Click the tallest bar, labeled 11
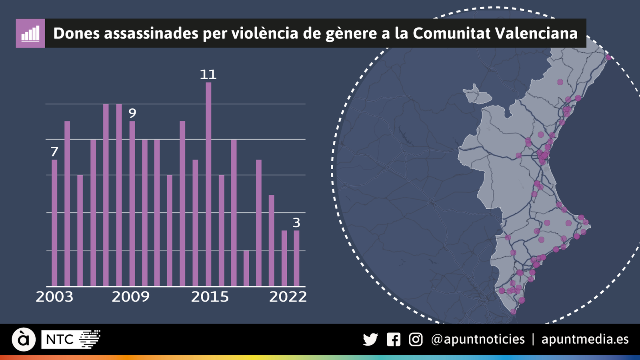click(208, 184)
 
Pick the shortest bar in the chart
click(246, 268)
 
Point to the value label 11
click(208, 74)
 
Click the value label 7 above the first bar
click(54, 152)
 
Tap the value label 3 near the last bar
click(296, 222)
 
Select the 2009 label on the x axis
click(130, 297)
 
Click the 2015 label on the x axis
click(210, 297)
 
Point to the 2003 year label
click(54, 297)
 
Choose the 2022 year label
click(288, 297)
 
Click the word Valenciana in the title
click(536, 33)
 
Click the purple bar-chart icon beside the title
click(30, 33)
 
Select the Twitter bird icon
click(370, 340)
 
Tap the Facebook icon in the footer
click(394, 340)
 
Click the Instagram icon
click(416, 340)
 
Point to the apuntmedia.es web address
click(585, 340)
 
